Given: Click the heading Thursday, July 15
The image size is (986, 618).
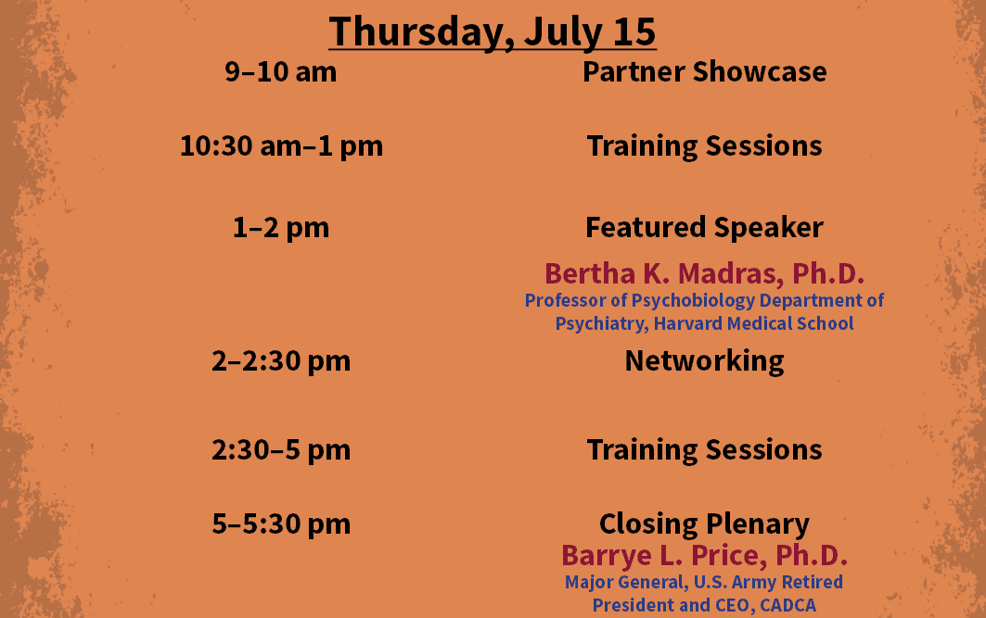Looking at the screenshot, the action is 493,32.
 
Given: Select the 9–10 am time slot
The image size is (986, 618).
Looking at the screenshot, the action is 280,71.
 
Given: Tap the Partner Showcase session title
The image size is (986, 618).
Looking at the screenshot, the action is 704,71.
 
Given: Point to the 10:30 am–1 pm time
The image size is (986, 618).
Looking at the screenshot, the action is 281,146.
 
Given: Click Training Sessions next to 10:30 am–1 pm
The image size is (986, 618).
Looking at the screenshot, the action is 704,146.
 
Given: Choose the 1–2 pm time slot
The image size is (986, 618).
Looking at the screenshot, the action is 280,228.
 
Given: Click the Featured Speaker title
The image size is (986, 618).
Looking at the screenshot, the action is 704,227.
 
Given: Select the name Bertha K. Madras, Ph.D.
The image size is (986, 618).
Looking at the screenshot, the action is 704,274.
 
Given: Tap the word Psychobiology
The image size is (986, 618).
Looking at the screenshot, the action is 692,301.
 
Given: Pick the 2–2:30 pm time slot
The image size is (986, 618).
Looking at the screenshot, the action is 280,361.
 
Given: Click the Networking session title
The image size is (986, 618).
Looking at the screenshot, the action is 704,361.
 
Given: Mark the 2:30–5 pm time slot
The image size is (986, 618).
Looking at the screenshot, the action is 280,450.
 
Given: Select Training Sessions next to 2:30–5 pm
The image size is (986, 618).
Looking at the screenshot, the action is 704,450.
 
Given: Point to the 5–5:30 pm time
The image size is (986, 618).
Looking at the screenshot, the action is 280,524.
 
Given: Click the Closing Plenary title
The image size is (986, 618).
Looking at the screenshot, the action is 704,524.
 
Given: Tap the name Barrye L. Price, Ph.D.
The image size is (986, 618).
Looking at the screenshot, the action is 704,556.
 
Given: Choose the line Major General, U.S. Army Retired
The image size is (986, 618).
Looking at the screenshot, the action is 704,583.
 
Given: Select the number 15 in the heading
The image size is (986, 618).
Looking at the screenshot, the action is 634,32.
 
